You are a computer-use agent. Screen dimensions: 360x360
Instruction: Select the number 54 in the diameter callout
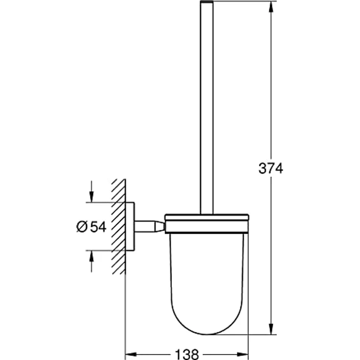[98, 226]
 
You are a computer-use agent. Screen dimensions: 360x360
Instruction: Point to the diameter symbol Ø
[82, 226]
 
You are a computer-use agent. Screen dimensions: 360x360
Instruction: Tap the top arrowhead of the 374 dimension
[270, 6]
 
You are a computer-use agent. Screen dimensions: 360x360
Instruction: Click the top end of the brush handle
[207, 3]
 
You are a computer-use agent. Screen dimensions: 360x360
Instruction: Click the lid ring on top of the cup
[207, 218]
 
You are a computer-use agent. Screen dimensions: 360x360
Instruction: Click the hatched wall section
[118, 226]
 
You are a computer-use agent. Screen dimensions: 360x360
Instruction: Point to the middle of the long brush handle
[207, 108]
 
